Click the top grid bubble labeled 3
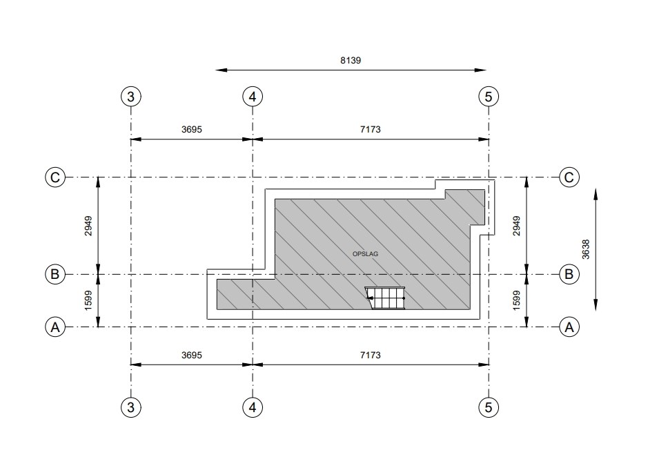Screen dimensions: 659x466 (130, 97)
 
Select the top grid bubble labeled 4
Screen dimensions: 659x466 (253, 97)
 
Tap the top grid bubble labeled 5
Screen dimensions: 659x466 (489, 97)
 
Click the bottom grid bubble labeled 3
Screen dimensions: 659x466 (130, 407)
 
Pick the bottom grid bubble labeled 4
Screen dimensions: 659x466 (253, 407)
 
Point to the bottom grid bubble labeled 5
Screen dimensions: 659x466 (489, 407)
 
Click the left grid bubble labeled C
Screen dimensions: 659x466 (55, 177)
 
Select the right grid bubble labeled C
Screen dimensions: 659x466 (569, 177)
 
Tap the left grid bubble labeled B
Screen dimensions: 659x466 (55, 274)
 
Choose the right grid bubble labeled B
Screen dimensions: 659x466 (569, 274)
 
